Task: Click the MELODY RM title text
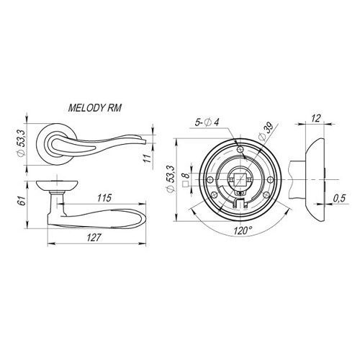[95, 108]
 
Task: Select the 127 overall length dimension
[93, 238]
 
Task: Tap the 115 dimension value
[104, 198]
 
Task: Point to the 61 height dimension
[22, 201]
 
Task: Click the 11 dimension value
[148, 158]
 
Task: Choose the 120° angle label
[243, 231]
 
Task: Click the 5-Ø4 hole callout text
[207, 123]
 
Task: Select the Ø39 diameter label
[266, 131]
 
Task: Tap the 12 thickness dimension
[315, 118]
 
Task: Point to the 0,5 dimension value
[339, 198]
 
